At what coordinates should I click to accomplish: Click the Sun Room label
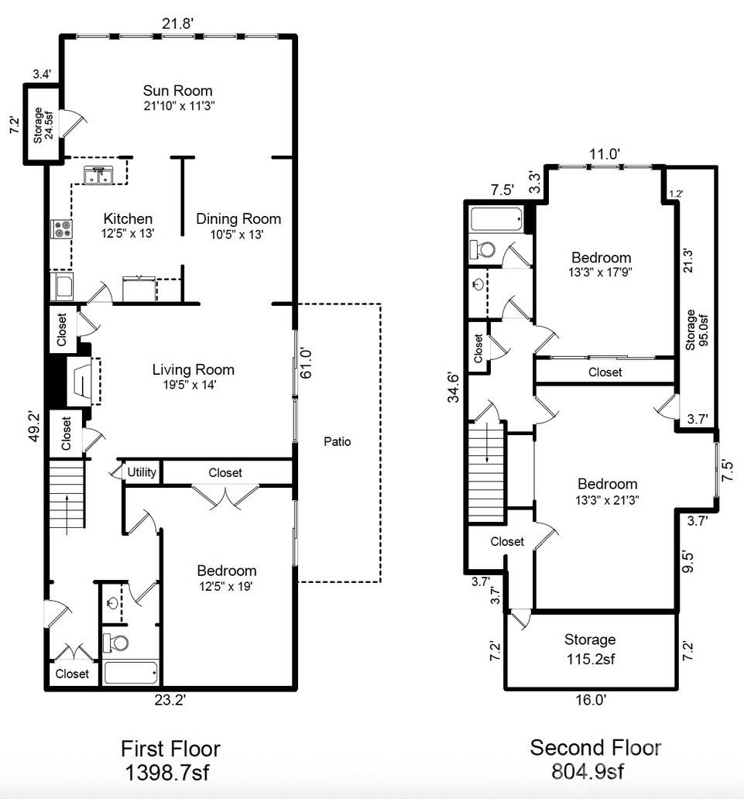pos(177,91)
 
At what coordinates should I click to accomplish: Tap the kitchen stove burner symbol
pos(60,228)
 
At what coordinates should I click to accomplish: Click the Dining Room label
pos(238,218)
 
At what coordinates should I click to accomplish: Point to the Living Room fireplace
pos(80,380)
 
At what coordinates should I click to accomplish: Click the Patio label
pos(337,441)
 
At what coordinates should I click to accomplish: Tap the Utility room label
pos(142,472)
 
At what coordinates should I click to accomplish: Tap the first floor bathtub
pos(131,672)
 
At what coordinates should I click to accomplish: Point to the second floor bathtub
pos(496,219)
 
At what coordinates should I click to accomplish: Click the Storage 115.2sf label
pos(590,649)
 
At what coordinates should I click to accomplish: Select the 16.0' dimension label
pos(590,700)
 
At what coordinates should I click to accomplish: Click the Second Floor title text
pos(595,748)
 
